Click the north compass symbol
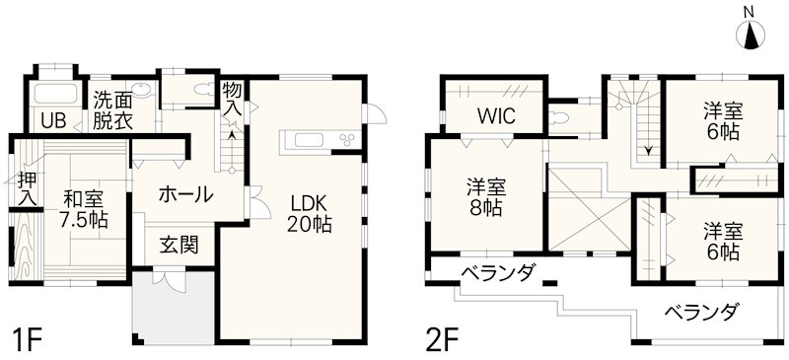pos(752,34)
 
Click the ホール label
pos(184,194)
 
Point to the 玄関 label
pos(180,244)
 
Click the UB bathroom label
pos(52,121)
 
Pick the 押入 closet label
pos(27,189)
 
